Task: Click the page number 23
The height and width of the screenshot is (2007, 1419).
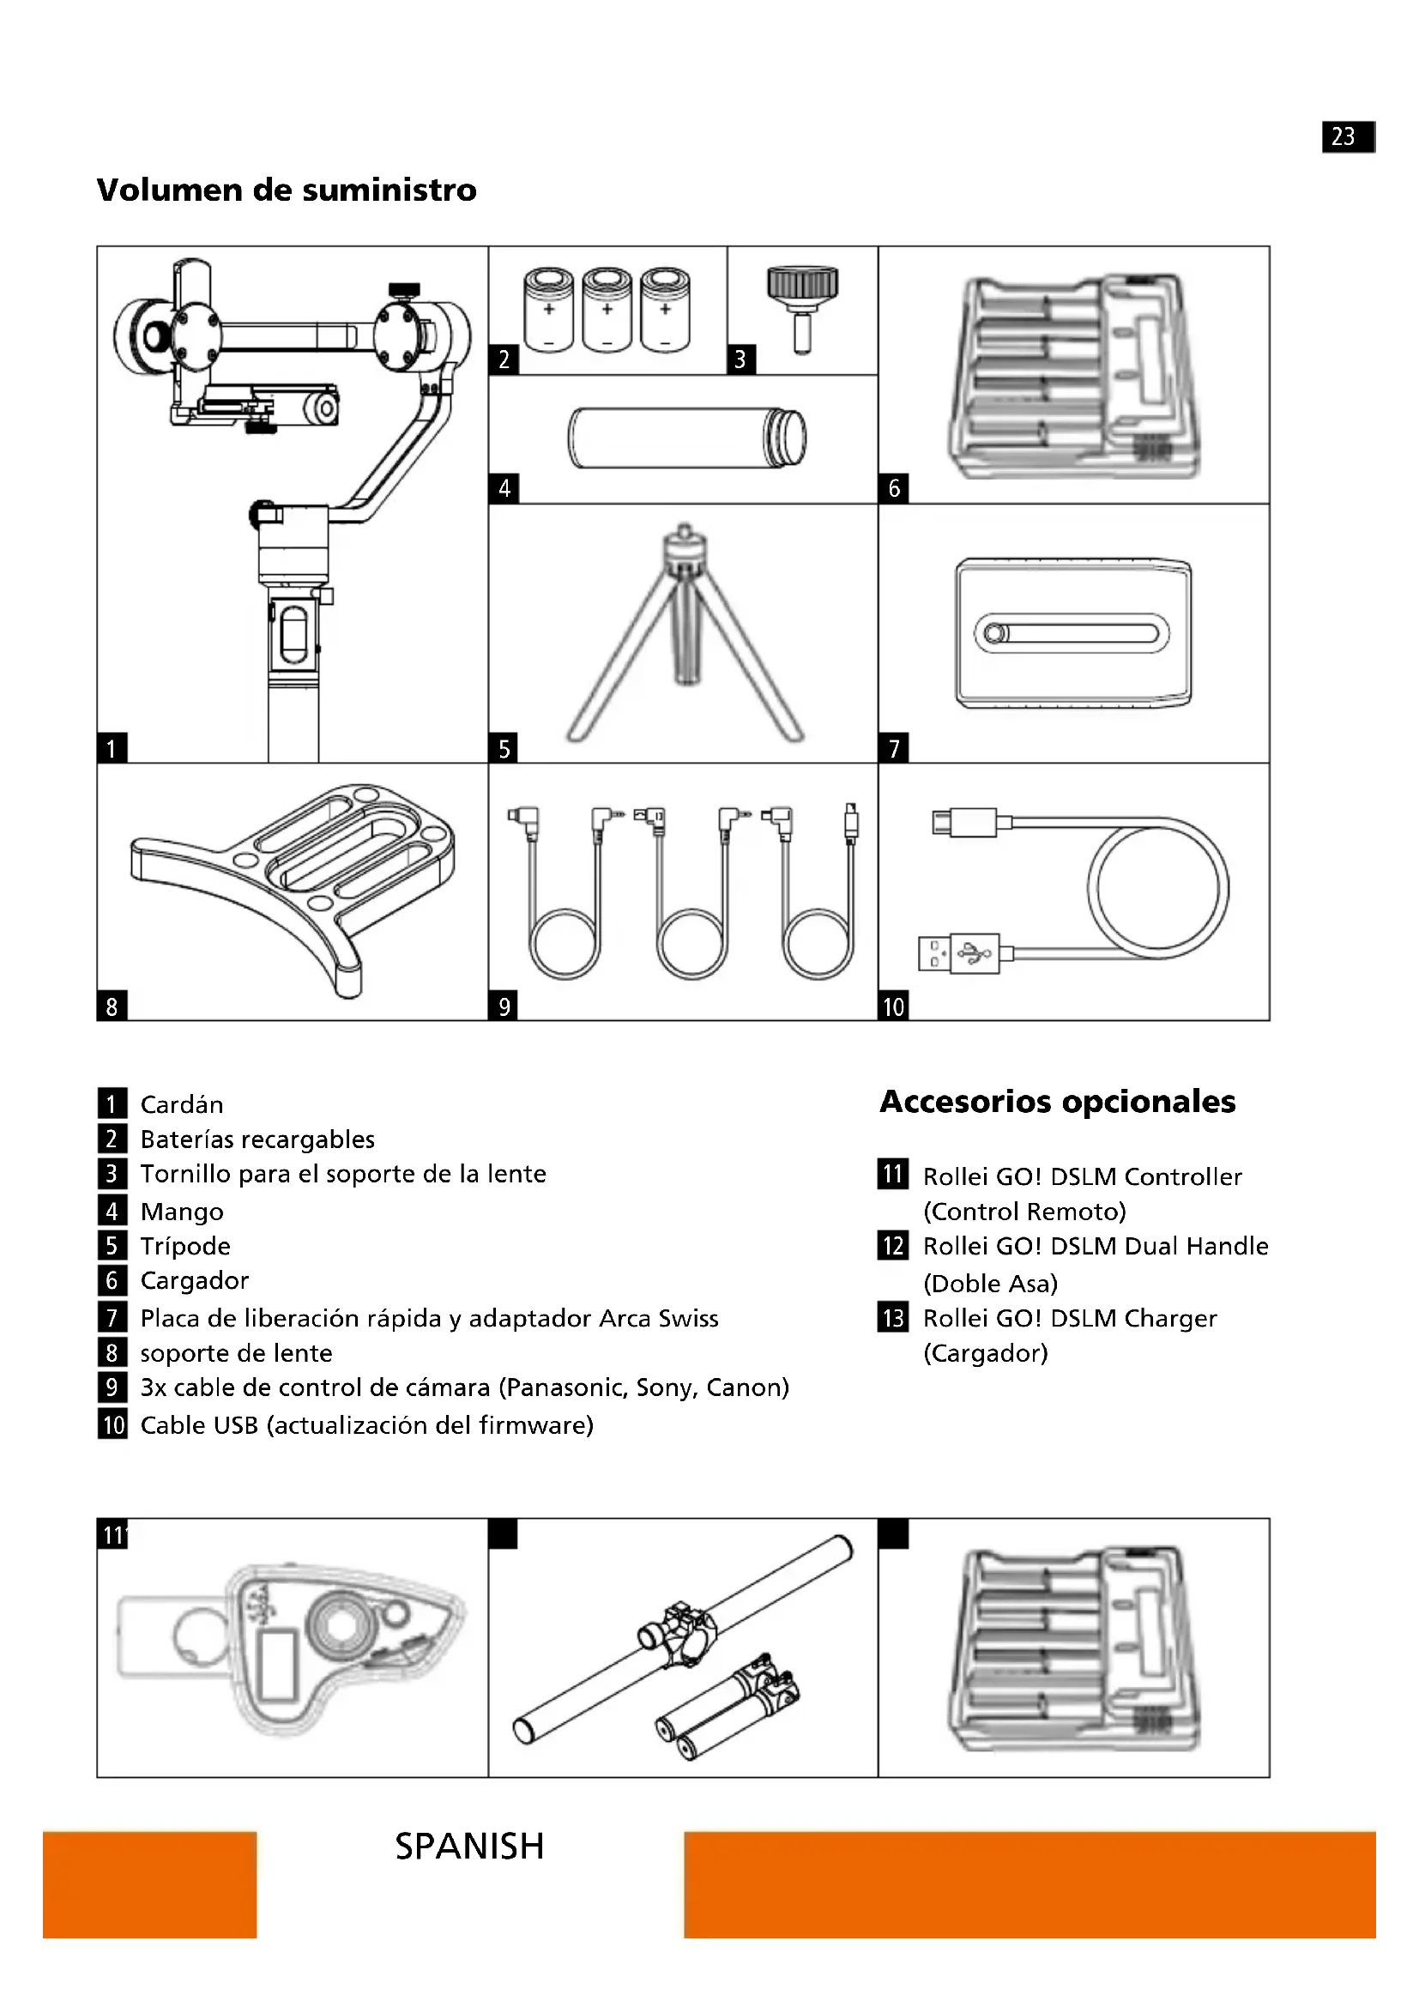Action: [1343, 136]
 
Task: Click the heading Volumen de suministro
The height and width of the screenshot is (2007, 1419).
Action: [287, 190]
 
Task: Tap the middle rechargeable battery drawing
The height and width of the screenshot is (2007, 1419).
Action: [607, 311]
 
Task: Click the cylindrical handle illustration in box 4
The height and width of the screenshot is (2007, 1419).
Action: [686, 437]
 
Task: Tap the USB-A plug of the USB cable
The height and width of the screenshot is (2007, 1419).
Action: [958, 954]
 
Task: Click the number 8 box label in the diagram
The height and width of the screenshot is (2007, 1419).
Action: [111, 1007]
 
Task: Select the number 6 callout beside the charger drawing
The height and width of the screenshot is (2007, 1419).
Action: [893, 487]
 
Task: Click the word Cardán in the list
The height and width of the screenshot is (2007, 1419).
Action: [182, 1105]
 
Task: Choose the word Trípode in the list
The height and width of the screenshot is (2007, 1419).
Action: [185, 1246]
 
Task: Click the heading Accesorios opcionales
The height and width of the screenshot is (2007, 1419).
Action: [1057, 1102]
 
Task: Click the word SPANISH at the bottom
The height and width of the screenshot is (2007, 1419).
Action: [469, 1847]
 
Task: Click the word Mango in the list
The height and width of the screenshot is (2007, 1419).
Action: [182, 1212]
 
